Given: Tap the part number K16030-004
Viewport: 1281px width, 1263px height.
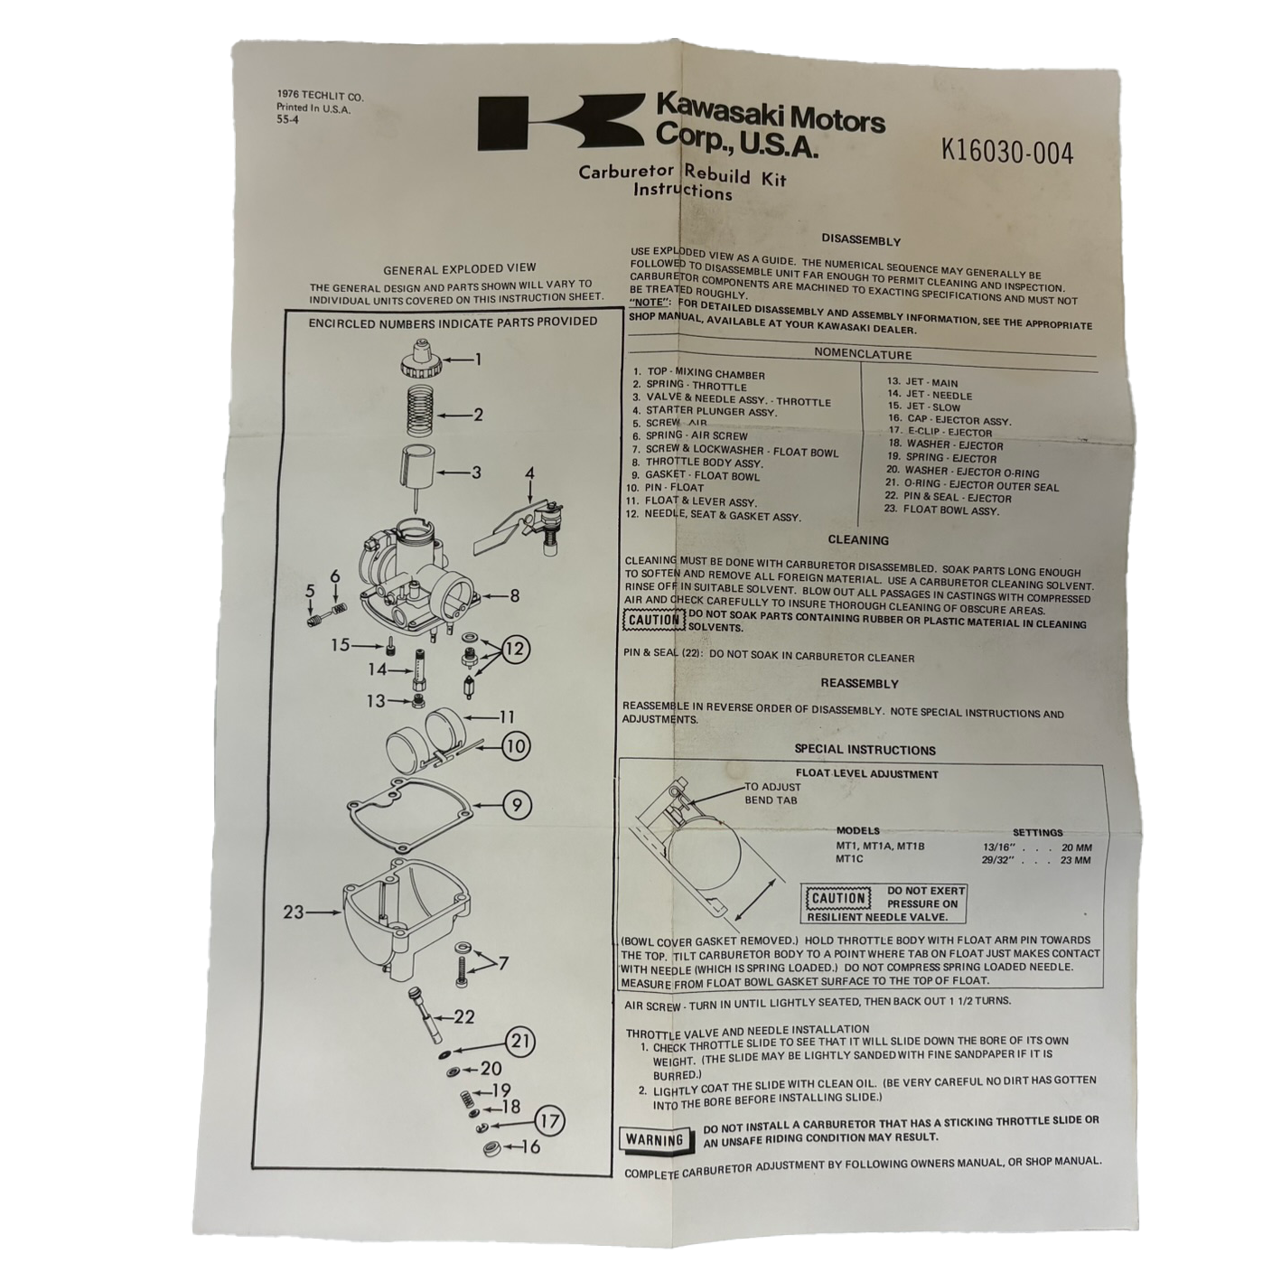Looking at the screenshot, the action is click(1006, 154).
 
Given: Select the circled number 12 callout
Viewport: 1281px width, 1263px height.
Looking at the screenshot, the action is click(516, 648).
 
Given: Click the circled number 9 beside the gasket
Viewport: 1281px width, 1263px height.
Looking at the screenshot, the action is click(517, 806).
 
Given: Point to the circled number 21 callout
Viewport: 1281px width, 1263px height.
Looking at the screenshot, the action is click(519, 1040).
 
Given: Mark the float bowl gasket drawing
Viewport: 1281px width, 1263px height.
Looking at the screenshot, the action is click(409, 816).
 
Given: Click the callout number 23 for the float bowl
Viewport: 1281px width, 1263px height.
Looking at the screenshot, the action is click(294, 912).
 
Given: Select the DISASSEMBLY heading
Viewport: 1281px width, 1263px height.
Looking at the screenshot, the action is click(860, 240).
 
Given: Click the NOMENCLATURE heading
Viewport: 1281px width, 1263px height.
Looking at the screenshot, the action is click(862, 354).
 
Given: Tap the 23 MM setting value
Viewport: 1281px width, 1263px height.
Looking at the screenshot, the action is click(1075, 860).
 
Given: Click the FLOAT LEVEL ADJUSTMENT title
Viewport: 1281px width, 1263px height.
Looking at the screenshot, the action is click(867, 774).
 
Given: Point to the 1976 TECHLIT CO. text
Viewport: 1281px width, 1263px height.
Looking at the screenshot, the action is click(321, 97).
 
